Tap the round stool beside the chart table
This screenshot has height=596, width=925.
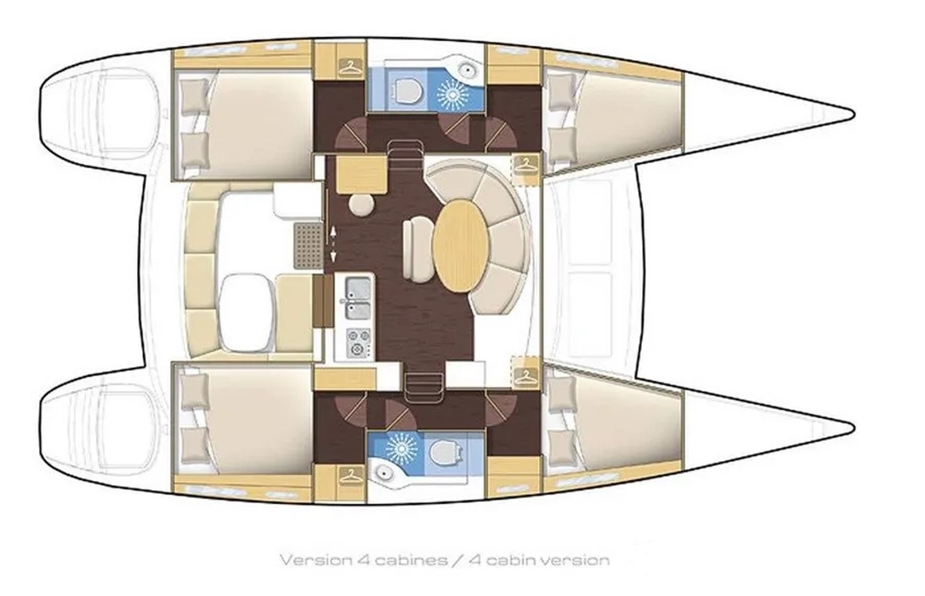click(x=362, y=205)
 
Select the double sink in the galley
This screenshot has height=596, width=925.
click(x=358, y=298)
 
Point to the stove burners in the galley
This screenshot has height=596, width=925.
click(x=358, y=342)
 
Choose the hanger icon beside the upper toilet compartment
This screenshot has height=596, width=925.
click(x=350, y=67)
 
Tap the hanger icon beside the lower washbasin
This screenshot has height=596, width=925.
click(x=350, y=476)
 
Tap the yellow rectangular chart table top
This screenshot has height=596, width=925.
click(x=362, y=175)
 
